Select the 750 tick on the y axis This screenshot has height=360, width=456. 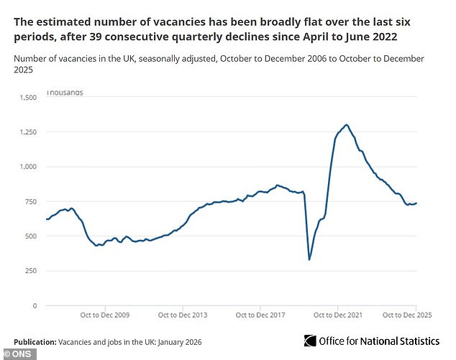30,202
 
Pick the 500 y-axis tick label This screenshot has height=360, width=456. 30,236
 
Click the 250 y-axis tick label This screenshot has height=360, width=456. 30,272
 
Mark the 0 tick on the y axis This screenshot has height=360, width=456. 35,306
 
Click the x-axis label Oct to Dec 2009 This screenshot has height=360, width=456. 105,315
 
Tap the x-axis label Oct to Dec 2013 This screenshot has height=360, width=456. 182,315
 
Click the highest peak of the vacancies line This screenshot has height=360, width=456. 347,125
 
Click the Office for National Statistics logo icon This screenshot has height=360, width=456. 310,341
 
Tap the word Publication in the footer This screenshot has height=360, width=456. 35,340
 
